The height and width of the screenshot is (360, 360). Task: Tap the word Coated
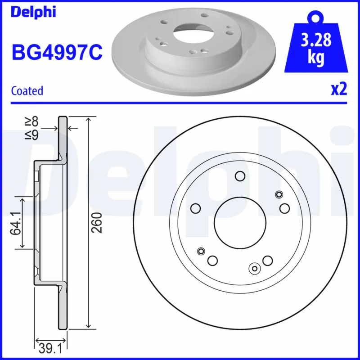[27, 90]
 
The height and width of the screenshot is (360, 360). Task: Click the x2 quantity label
[339, 90]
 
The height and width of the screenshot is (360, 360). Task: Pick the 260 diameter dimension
[98, 222]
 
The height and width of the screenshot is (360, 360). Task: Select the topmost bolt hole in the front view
[240, 176]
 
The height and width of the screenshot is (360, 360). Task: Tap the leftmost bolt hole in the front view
[196, 208]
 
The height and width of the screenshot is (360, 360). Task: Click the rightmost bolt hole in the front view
[284, 208]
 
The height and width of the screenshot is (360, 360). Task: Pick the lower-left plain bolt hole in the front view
[212, 260]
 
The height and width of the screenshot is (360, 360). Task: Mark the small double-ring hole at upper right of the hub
[279, 194]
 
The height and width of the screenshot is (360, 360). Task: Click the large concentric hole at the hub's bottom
[255, 269]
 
